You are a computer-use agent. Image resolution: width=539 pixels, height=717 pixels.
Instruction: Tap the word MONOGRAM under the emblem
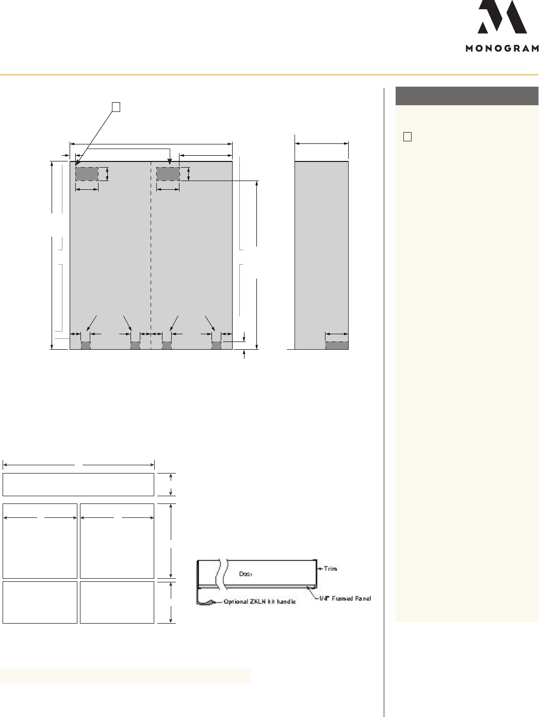click(x=502, y=48)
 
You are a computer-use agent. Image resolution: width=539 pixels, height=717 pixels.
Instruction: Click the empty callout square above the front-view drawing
click(x=116, y=107)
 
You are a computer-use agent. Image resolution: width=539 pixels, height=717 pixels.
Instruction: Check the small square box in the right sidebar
click(x=407, y=137)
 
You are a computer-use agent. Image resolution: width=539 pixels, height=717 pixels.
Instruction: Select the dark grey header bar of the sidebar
click(x=467, y=96)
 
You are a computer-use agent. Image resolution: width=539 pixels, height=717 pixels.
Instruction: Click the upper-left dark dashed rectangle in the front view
click(x=87, y=174)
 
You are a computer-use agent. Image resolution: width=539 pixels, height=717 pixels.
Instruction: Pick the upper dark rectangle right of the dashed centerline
click(x=168, y=174)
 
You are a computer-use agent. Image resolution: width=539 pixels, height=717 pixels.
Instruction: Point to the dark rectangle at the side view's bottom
click(x=337, y=345)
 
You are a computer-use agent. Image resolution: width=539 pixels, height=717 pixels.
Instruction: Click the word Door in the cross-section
click(x=246, y=574)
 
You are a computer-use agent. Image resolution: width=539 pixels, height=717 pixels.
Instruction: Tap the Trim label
click(x=331, y=569)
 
